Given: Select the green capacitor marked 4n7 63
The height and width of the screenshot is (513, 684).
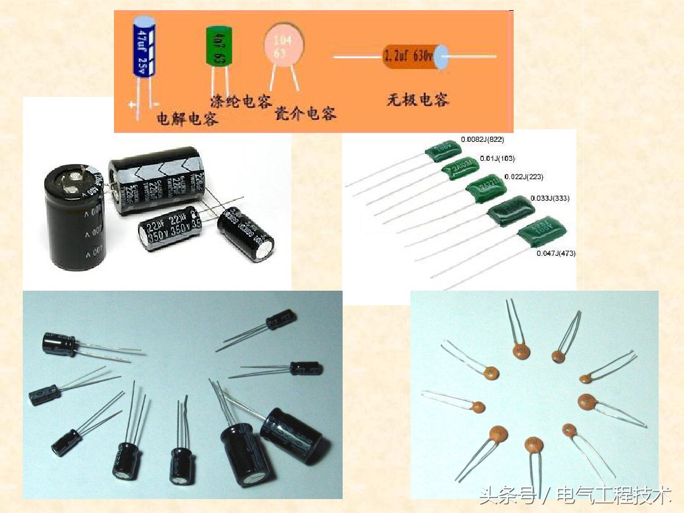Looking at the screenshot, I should [219, 46].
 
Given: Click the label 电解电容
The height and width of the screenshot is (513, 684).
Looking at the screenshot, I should [187, 118].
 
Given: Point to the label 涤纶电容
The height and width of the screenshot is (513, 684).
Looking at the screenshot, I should [240, 101].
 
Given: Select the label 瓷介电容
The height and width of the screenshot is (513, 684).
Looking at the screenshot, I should [305, 113].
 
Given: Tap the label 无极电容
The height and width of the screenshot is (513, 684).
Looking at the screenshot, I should [418, 99].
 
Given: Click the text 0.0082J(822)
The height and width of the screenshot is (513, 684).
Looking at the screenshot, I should [483, 139].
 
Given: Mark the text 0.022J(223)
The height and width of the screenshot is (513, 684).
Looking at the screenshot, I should [523, 177].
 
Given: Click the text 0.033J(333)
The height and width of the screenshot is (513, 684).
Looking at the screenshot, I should [549, 198].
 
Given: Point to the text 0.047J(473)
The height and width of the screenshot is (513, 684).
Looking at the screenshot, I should [555, 253].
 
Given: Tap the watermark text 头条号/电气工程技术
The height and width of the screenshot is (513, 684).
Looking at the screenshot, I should [574, 495].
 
